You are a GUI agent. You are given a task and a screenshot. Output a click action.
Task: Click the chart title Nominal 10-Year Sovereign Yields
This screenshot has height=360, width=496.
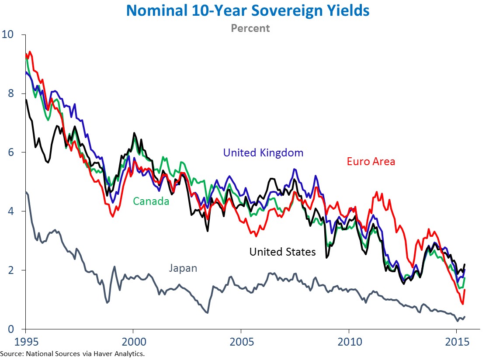(x=248, y=10)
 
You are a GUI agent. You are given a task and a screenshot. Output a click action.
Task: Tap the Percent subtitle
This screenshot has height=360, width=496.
(x=250, y=28)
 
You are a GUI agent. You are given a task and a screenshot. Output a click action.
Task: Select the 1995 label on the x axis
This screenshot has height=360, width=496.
(x=25, y=341)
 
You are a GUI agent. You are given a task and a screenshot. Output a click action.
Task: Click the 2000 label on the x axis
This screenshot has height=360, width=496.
(x=133, y=341)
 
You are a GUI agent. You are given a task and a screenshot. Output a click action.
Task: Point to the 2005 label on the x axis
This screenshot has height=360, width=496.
(x=241, y=341)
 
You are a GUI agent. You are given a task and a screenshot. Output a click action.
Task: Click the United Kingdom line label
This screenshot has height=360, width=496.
(x=263, y=153)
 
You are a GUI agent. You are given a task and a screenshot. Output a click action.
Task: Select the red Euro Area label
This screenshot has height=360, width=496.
(x=371, y=162)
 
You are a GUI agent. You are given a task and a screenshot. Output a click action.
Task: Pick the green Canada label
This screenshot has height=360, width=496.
(x=151, y=201)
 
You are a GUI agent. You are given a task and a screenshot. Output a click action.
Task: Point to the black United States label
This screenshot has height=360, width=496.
(x=282, y=252)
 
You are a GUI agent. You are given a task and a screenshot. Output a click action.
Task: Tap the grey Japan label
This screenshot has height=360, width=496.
(x=183, y=268)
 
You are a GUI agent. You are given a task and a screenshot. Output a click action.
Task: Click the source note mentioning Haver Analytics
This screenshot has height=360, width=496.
(x=72, y=353)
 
